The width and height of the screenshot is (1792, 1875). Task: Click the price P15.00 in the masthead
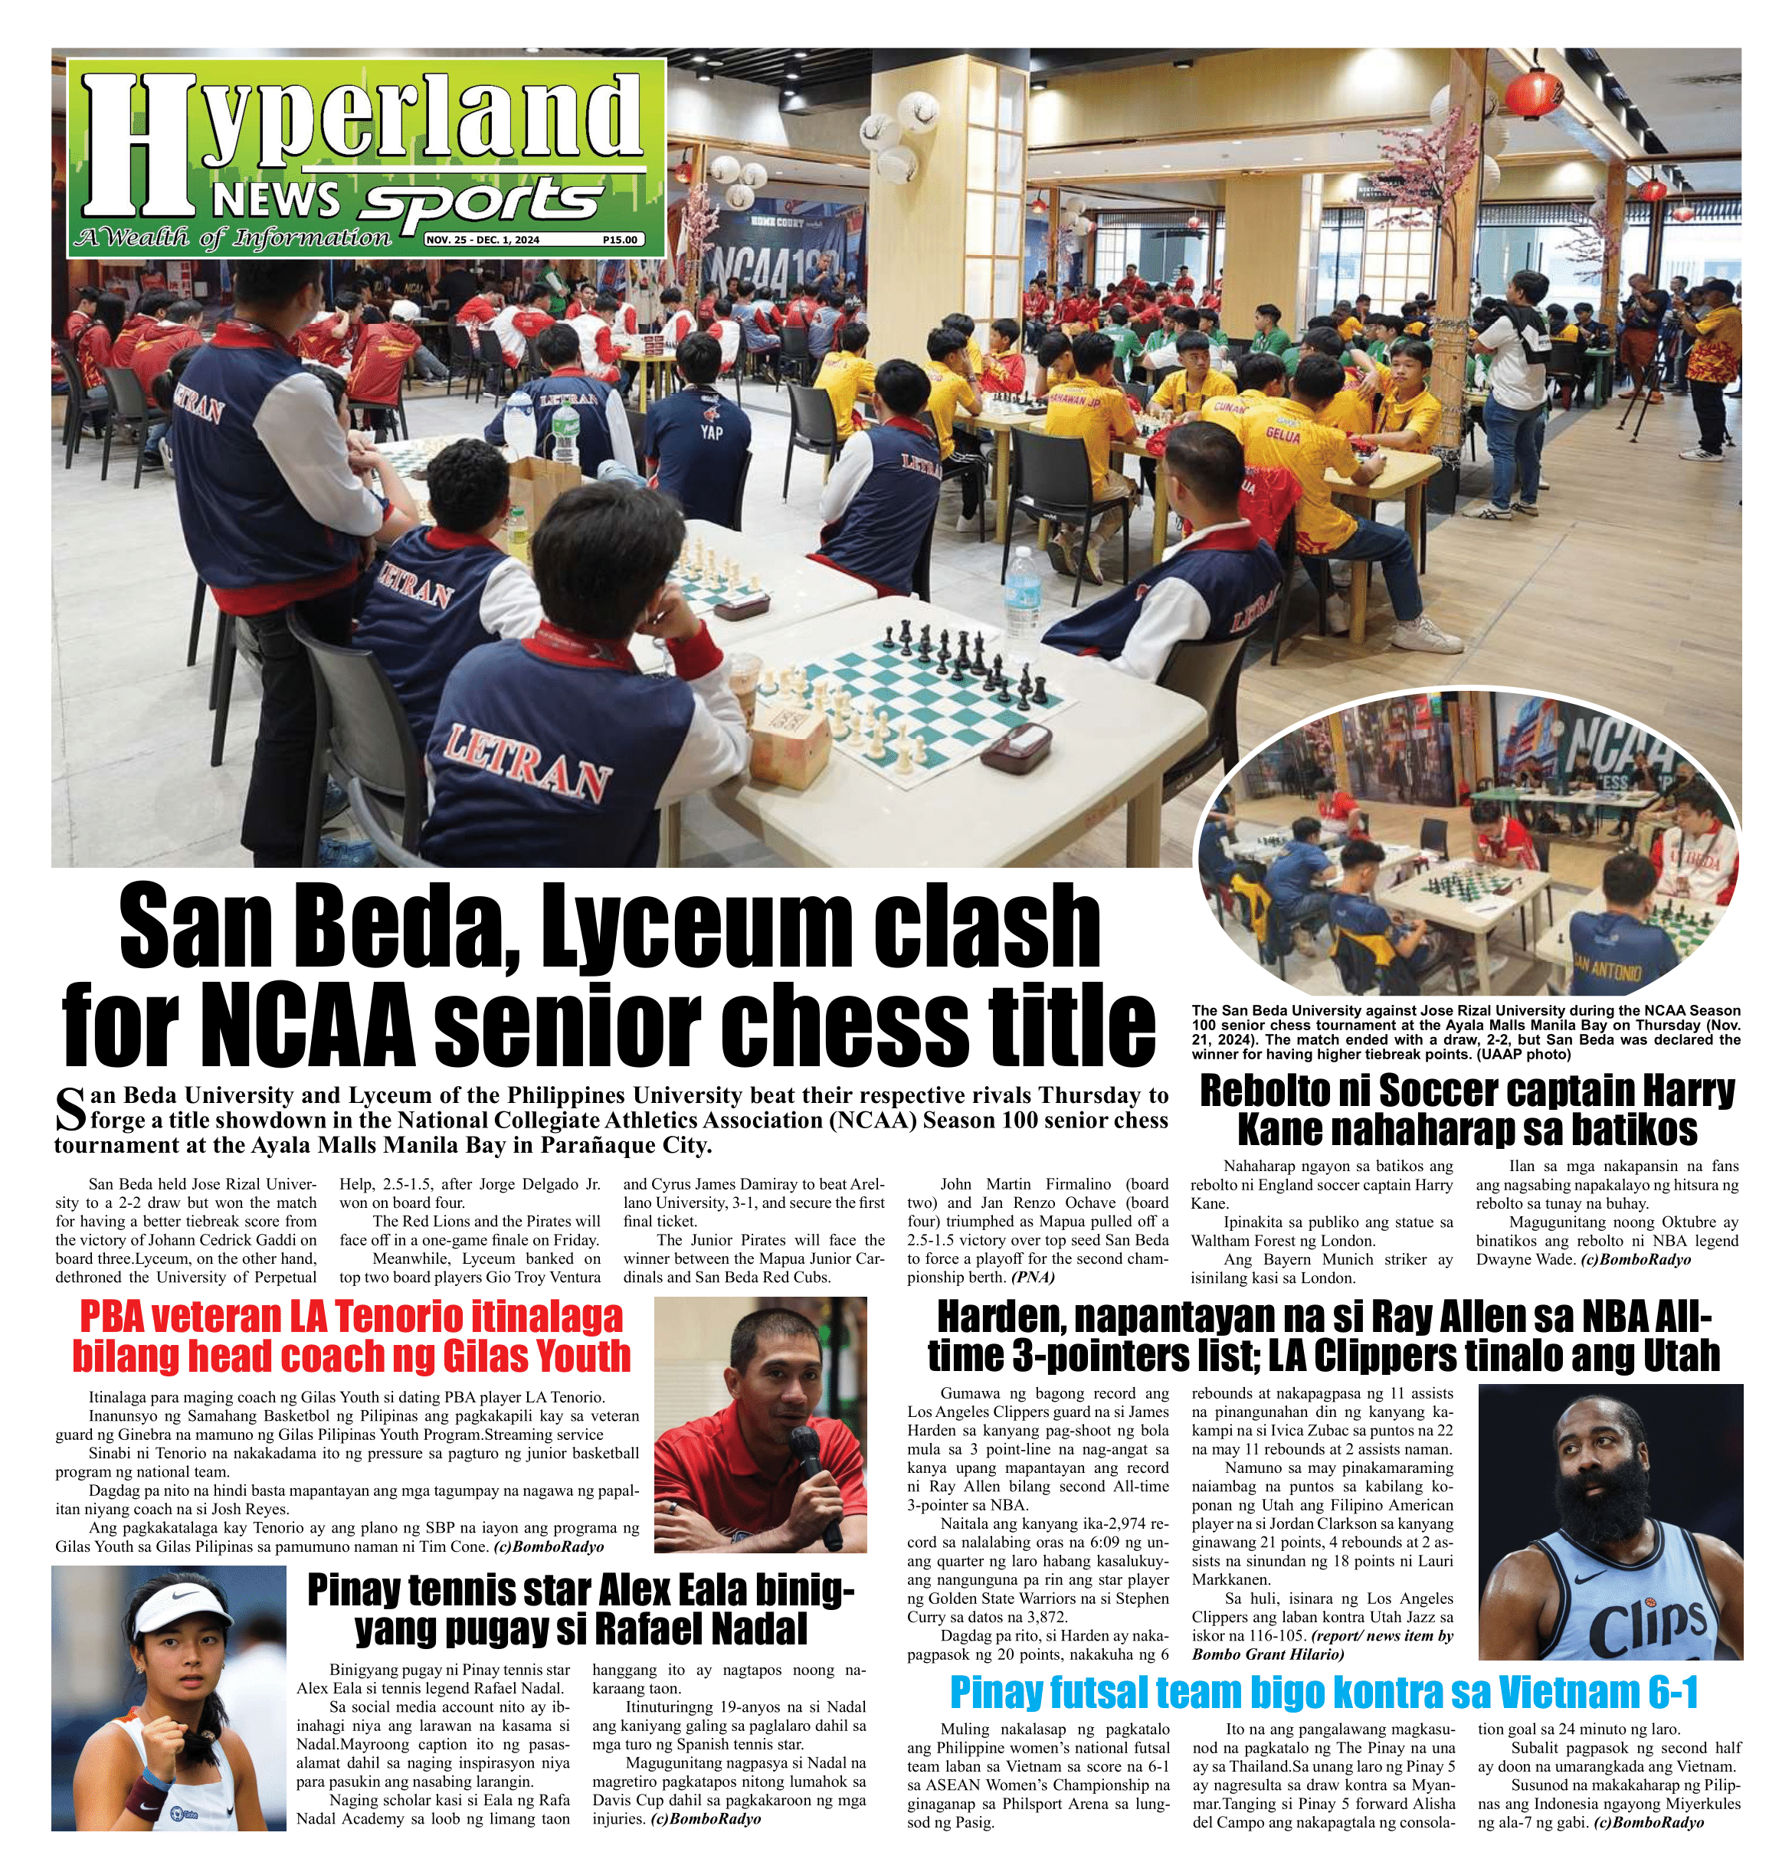(x=620, y=240)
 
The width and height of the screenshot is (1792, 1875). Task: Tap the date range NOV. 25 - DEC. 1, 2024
(x=483, y=240)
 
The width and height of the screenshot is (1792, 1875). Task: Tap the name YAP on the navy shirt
(x=711, y=432)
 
